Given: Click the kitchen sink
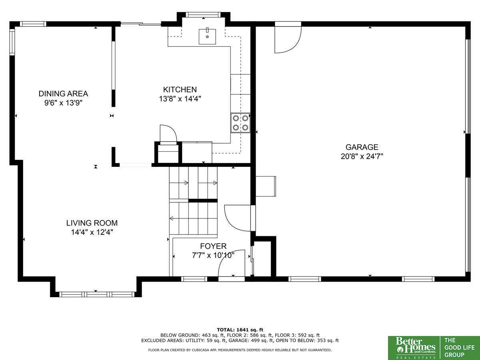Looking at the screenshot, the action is (x=207, y=36).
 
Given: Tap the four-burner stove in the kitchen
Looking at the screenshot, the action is (x=240, y=123).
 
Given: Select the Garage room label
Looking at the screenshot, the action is (x=362, y=147).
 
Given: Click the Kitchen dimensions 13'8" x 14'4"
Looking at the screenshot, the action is (x=180, y=99).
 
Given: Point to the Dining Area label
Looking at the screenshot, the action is (x=63, y=94).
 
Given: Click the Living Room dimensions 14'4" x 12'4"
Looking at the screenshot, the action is (x=92, y=232).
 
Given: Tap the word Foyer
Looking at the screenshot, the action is (x=213, y=246).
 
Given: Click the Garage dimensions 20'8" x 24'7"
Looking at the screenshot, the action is (x=362, y=156).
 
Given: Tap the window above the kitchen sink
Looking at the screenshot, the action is (x=203, y=15).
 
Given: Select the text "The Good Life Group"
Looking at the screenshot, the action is (x=460, y=347).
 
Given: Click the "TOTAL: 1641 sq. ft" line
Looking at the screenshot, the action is (x=240, y=330).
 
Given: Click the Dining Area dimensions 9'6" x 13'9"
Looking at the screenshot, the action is (x=63, y=103).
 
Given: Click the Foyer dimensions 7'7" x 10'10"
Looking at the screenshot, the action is (x=213, y=255).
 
